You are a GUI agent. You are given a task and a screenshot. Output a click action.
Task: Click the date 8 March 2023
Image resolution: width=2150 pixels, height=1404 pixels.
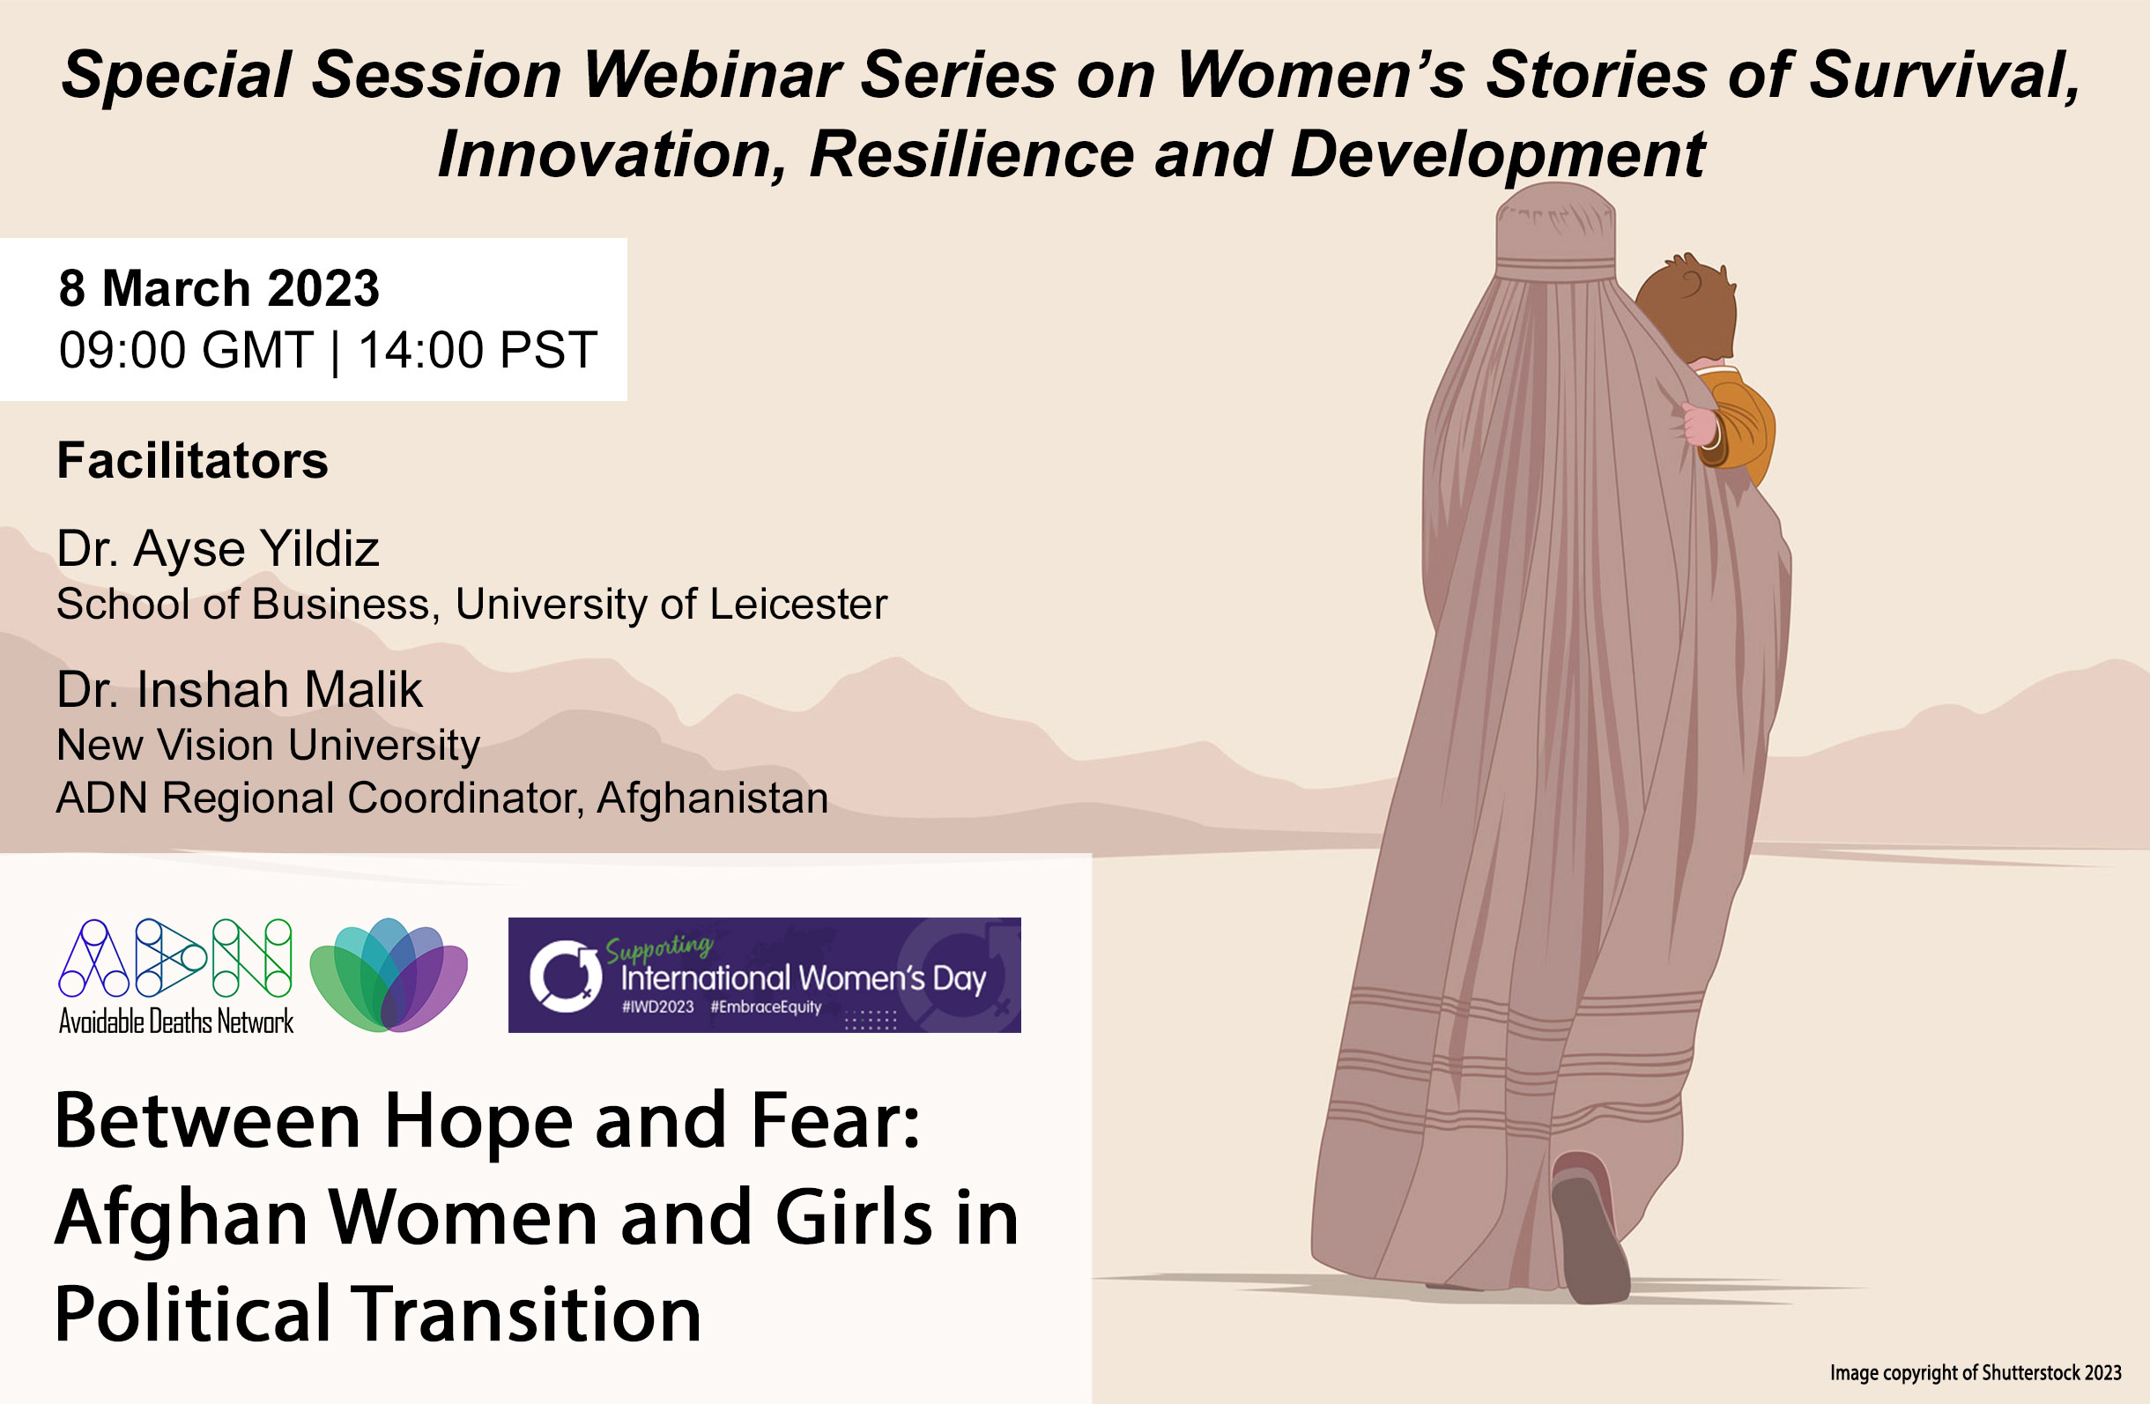[x=219, y=288]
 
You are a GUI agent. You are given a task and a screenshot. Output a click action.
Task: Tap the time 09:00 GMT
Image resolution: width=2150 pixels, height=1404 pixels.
[x=186, y=350]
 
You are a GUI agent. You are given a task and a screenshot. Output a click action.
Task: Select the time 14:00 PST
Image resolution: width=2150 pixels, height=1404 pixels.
[x=478, y=350]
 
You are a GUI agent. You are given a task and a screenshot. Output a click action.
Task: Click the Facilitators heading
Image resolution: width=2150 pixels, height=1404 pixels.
[x=192, y=461]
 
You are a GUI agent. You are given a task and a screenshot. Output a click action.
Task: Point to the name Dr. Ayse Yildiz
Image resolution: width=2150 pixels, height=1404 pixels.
[x=218, y=549]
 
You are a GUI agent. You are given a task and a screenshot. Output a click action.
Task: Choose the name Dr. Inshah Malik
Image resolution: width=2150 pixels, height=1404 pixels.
[x=240, y=690]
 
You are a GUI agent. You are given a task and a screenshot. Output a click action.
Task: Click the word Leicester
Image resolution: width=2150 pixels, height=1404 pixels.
[x=798, y=605]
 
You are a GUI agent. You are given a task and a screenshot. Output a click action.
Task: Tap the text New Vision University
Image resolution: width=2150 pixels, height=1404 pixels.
[x=268, y=747]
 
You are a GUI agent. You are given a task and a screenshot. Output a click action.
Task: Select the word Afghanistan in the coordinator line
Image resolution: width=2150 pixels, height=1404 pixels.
[x=713, y=799]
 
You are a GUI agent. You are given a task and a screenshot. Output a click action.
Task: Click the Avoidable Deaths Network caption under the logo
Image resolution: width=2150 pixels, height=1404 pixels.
[x=176, y=1021]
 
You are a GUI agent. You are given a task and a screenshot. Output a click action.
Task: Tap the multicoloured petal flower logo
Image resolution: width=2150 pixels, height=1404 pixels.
[x=389, y=975]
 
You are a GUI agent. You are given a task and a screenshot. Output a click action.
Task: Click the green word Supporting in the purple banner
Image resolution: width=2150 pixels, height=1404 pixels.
[x=658, y=947]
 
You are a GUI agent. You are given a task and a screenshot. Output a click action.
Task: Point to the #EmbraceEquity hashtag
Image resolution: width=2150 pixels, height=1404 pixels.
[x=766, y=1007]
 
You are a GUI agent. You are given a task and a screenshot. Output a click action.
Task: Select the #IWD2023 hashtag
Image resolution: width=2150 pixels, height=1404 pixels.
[x=657, y=1007]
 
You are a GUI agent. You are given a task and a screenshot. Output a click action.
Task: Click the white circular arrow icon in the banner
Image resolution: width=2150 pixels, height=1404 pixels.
[x=566, y=976]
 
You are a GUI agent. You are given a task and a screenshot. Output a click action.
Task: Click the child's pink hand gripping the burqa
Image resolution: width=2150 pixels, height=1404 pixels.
[x=1699, y=424]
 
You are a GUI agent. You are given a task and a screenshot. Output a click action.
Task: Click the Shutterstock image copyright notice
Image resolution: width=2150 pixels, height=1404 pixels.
[x=1976, y=1373]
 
